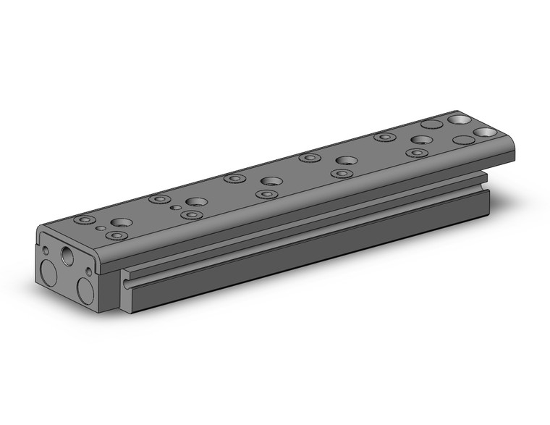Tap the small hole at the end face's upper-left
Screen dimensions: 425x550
coord(47,251)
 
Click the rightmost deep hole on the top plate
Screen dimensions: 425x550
coord(486,132)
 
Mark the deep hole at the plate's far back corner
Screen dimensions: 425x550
coord(457,119)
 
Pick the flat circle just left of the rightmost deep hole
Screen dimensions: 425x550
coord(462,139)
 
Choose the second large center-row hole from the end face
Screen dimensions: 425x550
coord(195,202)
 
